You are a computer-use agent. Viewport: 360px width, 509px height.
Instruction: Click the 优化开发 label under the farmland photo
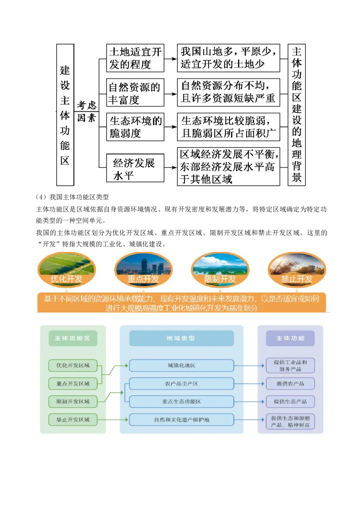67,279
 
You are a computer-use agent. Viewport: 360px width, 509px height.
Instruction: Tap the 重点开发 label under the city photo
144,279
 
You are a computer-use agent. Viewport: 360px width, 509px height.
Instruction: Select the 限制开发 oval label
220,279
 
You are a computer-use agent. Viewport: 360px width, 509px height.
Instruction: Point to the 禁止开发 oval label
297,279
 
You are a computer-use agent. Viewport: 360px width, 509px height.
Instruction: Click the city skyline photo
144,265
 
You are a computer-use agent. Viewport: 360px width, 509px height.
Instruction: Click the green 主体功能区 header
73,338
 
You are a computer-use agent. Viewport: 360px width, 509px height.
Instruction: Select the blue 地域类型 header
181,338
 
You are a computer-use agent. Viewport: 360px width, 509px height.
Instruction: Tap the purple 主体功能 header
290,338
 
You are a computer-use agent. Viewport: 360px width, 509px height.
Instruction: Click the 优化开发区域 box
73,366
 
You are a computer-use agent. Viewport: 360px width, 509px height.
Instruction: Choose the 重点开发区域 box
73,384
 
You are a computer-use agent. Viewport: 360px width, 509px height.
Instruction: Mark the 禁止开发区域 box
73,420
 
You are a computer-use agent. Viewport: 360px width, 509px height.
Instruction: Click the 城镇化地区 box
181,366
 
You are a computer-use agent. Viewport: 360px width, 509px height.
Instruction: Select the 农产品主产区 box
181,384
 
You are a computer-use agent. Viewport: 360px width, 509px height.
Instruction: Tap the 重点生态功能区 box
181,402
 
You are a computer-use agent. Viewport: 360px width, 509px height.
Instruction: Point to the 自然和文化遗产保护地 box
181,420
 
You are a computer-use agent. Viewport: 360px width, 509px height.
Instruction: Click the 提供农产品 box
290,384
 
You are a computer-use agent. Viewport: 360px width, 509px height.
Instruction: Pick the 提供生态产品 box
290,402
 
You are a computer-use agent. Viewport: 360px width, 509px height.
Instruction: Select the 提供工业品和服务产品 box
290,366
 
